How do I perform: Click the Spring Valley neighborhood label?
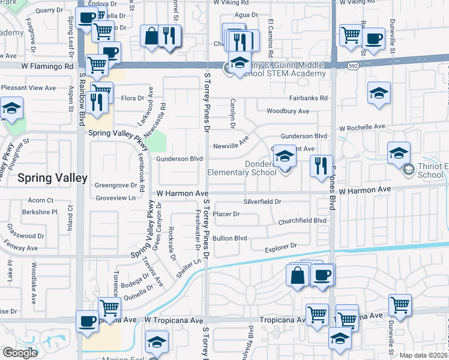coord(53,178)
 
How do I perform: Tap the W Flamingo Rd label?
coord(47,67)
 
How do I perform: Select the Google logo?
coord(20,353)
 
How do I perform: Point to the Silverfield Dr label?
coord(262,202)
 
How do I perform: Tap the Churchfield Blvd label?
coord(302,221)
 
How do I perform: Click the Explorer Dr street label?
coord(281,246)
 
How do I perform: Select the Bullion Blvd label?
coord(230,238)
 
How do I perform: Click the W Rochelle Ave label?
coord(363,127)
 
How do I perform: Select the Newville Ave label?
coord(231,146)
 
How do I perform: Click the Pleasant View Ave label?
coord(28,88)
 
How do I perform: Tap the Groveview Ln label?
coord(116,197)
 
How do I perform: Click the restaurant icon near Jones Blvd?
coord(321,164)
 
